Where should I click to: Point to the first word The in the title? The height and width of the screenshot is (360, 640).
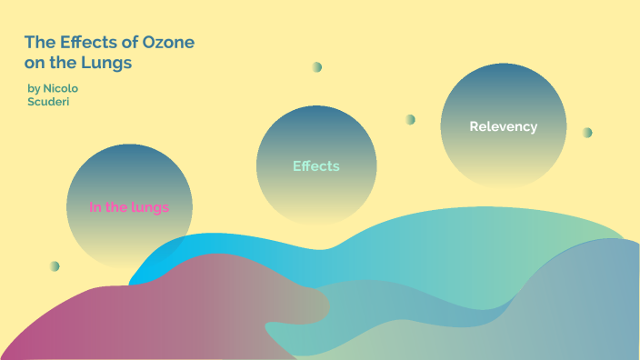coord(37,43)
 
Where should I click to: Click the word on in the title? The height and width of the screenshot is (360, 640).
coord(35,64)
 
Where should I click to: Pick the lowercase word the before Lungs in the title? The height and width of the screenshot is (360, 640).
coord(69,64)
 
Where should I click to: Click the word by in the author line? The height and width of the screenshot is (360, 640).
coord(34,88)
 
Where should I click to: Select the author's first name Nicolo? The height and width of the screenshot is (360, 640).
coord(65,88)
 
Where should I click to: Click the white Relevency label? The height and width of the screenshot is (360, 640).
coord(503,126)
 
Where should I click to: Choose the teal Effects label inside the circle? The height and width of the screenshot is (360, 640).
coord(315,166)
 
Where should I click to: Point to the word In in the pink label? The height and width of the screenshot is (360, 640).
coord(95,207)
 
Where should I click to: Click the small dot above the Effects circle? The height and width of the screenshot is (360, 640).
coord(316,67)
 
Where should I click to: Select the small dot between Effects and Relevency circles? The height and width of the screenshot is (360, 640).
coord(410,119)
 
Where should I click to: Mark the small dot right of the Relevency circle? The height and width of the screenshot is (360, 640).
coord(587,133)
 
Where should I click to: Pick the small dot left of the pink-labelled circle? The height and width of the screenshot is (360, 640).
coord(55,266)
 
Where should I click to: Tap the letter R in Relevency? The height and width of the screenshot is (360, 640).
coord(474,126)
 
